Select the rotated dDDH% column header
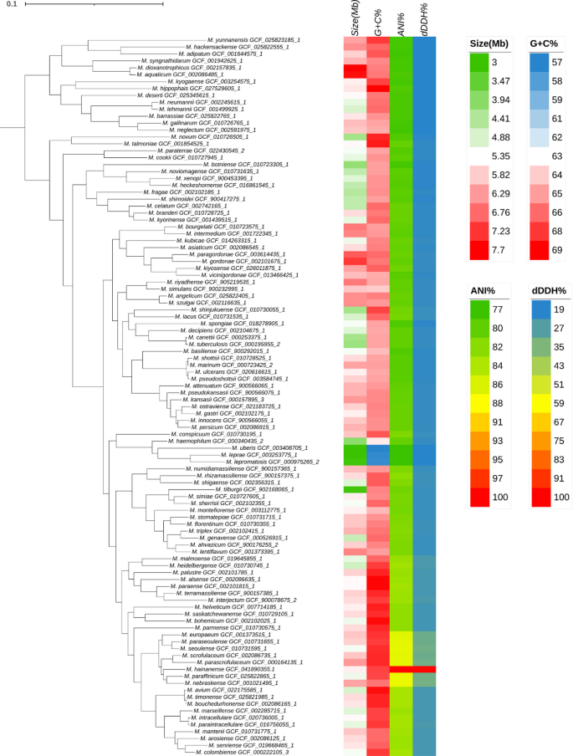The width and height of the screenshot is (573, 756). pos(424,19)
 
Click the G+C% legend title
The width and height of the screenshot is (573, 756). pos(545,41)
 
